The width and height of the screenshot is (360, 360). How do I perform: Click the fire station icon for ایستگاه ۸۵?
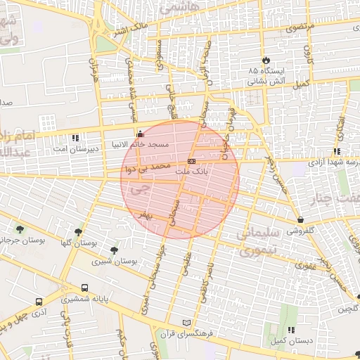266,60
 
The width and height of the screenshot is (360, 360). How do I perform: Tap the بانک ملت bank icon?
191,161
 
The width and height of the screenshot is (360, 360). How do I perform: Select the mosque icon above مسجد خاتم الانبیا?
139,134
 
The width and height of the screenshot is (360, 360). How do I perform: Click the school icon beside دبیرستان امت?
76,138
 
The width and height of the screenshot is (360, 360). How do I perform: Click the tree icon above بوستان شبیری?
114,250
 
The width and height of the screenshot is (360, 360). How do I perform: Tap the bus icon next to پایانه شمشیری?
85,288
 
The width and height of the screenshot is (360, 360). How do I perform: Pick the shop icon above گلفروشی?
301,219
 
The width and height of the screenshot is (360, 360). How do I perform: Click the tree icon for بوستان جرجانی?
20,229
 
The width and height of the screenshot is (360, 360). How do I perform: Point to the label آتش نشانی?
264,82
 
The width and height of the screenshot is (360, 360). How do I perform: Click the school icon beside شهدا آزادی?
337,150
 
